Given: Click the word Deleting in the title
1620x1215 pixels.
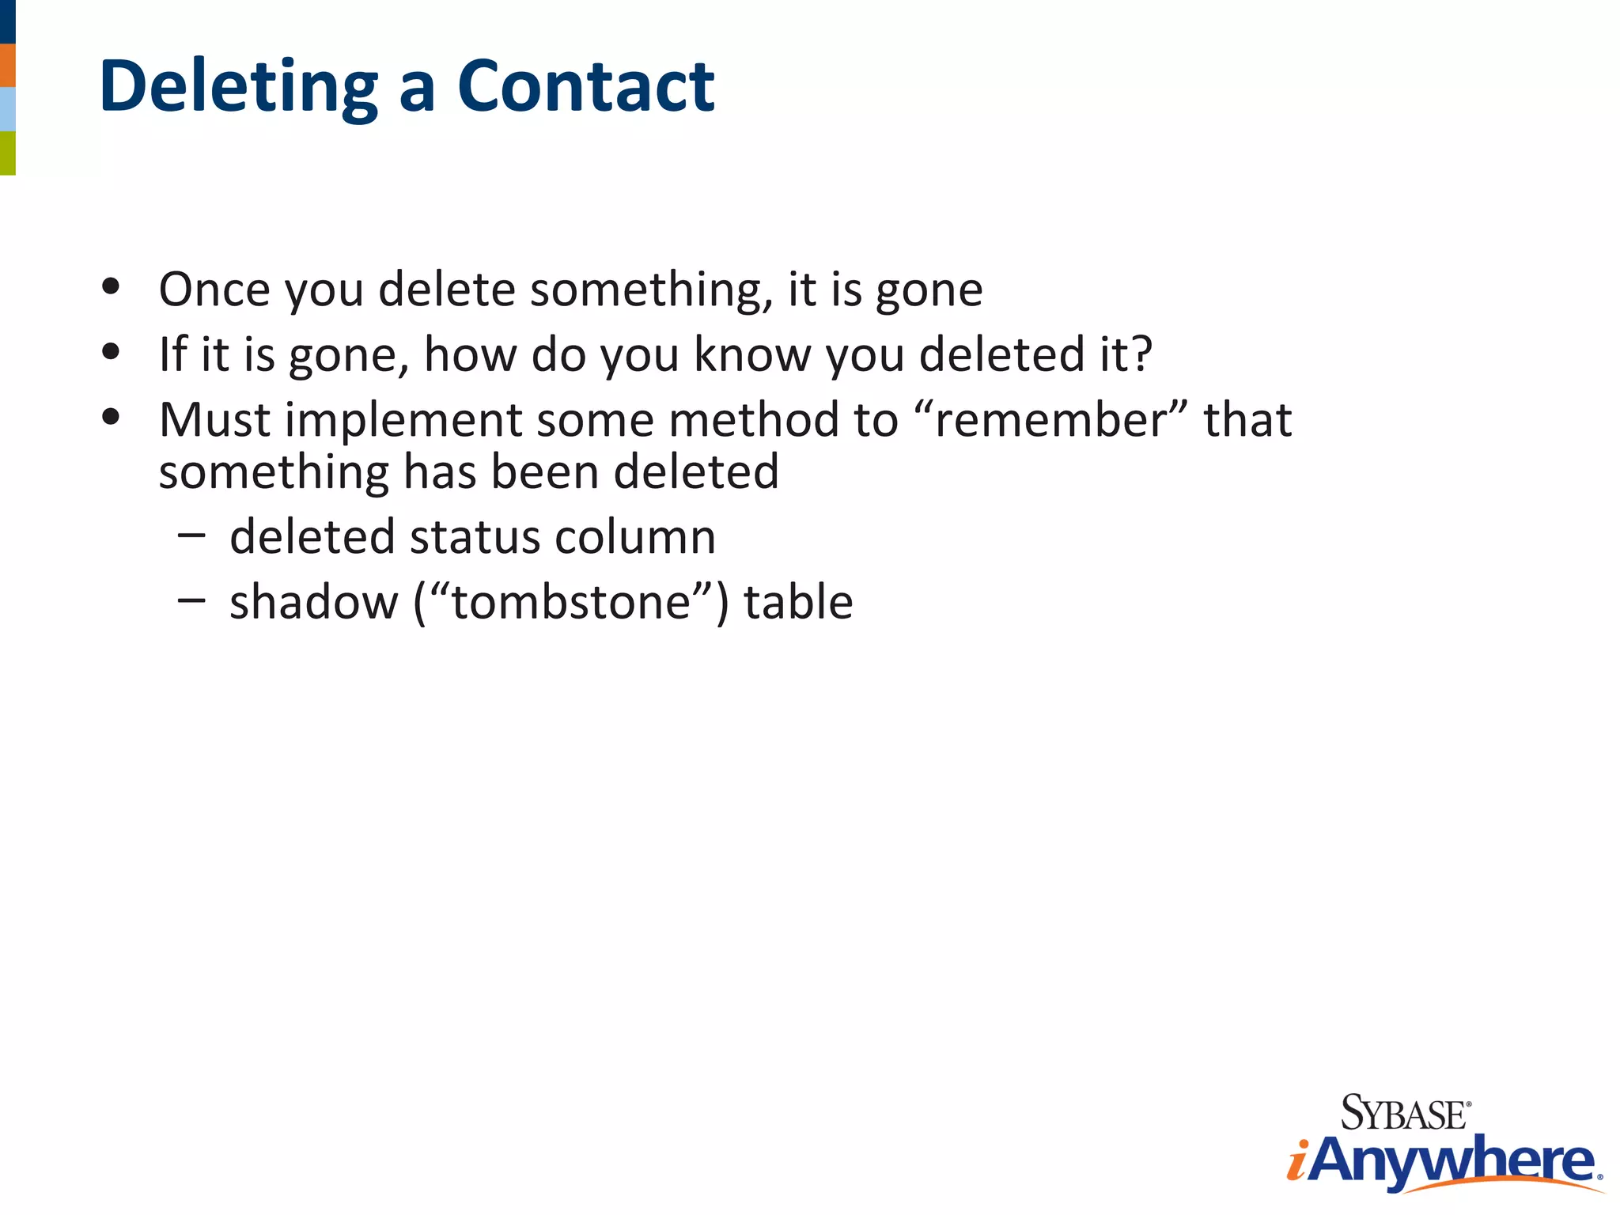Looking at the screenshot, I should point(238,87).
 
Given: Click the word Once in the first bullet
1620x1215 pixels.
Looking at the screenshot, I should point(214,290).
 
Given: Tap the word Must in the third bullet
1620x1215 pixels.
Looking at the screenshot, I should point(214,419).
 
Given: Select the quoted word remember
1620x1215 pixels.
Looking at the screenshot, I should point(1050,419).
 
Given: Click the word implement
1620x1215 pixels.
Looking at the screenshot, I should point(403,421).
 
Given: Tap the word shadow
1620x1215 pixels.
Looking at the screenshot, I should point(314,602).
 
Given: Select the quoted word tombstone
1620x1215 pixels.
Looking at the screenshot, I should point(570,602).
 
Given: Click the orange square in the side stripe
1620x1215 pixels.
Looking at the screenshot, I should point(7,65).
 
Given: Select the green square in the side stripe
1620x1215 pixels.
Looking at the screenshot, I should point(7,153).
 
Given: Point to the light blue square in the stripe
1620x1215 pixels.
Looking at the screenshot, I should point(7,109).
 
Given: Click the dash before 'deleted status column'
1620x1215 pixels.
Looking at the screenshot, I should point(191,536).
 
